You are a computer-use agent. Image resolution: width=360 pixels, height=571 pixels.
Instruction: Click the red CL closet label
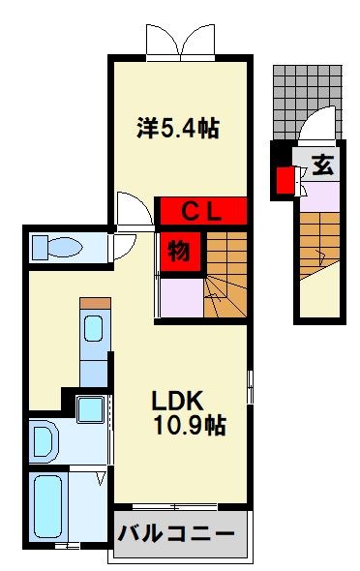[x=202, y=209]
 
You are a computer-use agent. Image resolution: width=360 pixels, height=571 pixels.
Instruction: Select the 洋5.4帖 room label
[x=175, y=128]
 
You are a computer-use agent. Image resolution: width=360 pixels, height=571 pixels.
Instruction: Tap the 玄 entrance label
[x=322, y=165]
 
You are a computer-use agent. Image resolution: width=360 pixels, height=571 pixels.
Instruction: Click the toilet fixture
[x=58, y=248]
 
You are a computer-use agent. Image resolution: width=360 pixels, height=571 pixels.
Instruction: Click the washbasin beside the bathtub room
[x=45, y=441]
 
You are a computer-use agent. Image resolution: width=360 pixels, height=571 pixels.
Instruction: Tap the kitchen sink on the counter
[x=95, y=330]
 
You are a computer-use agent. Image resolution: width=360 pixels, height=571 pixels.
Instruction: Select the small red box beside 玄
[x=285, y=180]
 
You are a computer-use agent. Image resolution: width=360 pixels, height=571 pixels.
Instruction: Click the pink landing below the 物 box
[x=180, y=294]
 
